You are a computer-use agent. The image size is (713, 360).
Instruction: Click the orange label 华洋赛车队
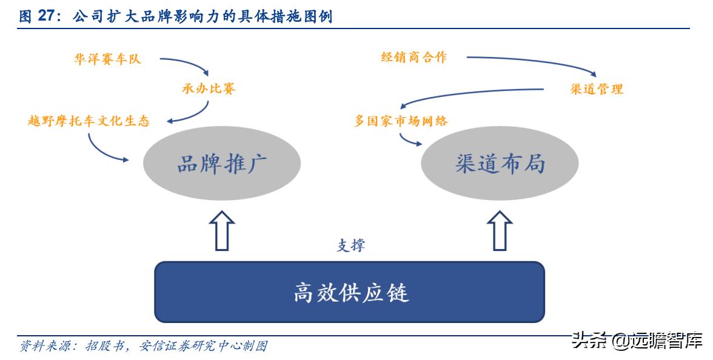click(x=107, y=59)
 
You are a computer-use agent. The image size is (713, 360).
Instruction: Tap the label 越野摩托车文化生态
click(x=89, y=121)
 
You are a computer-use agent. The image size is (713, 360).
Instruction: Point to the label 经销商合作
click(x=413, y=58)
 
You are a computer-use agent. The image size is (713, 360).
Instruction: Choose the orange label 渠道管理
click(x=597, y=89)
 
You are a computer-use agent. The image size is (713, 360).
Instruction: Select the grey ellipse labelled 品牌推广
click(x=222, y=163)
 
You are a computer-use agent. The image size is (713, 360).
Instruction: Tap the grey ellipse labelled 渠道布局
click(x=500, y=163)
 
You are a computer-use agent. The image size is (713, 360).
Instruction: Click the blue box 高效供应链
click(x=350, y=292)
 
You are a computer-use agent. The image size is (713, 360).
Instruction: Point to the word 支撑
click(x=351, y=245)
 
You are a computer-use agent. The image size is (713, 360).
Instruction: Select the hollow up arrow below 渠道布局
click(x=500, y=230)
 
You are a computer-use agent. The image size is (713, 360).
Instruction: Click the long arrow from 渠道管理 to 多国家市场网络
click(x=473, y=93)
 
